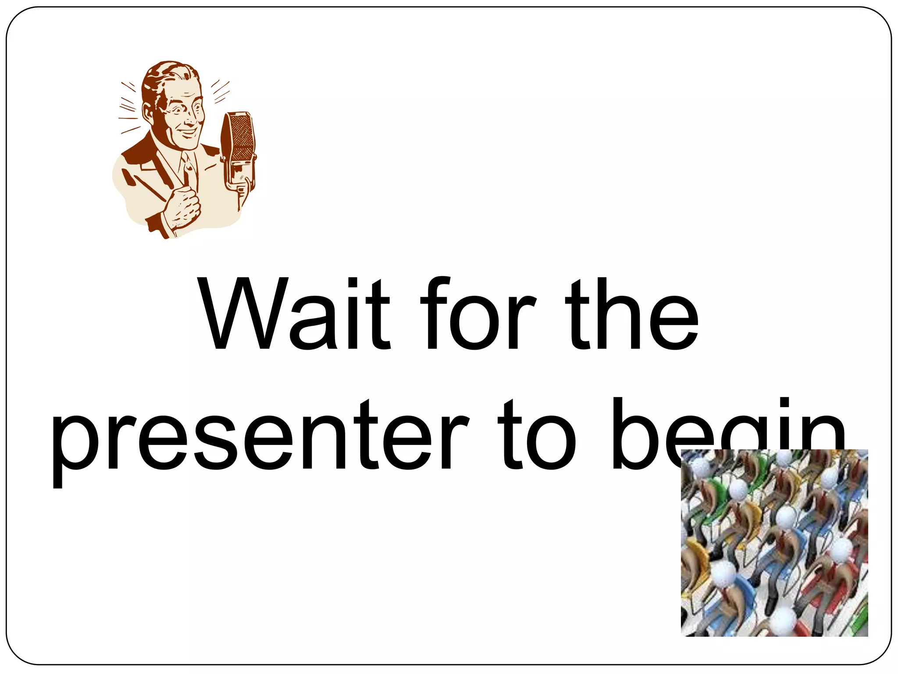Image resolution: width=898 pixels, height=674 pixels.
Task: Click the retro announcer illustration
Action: (x=184, y=149)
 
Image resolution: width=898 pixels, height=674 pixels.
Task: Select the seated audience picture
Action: (x=774, y=542)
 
